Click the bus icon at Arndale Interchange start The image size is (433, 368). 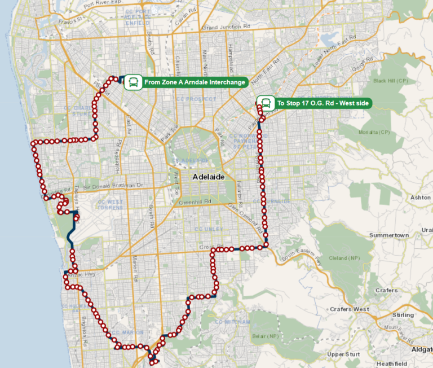(133, 82)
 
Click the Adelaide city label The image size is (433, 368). (209, 177)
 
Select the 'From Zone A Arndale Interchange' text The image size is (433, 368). (195, 82)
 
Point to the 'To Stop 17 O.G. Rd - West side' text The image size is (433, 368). (324, 104)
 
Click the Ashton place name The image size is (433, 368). (420, 197)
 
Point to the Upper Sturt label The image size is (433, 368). (343, 354)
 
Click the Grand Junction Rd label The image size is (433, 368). (226, 27)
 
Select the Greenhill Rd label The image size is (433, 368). (195, 201)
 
